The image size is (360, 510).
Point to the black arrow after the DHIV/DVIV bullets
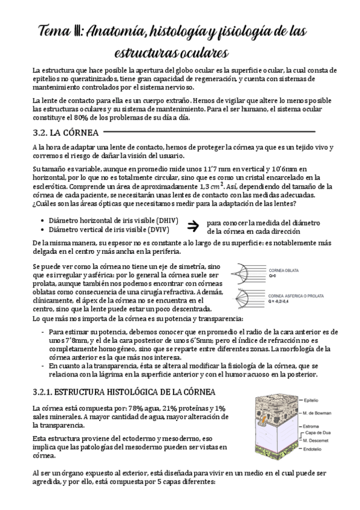click(x=193, y=226)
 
